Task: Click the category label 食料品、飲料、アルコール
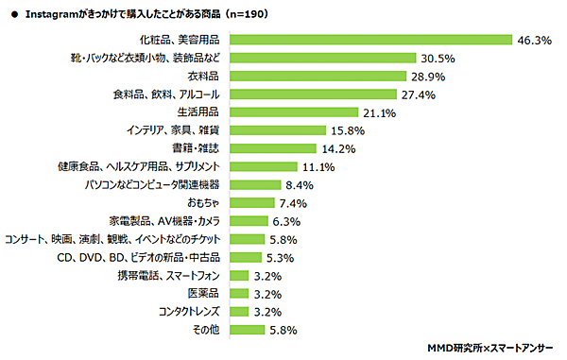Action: coord(166,94)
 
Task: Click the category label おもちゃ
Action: coord(206,202)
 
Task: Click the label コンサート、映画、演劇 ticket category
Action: coord(114,239)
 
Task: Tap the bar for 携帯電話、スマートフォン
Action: coord(240,275)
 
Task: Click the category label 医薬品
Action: coord(206,293)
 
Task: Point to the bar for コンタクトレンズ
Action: coord(240,311)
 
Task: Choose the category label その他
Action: coord(209,330)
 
